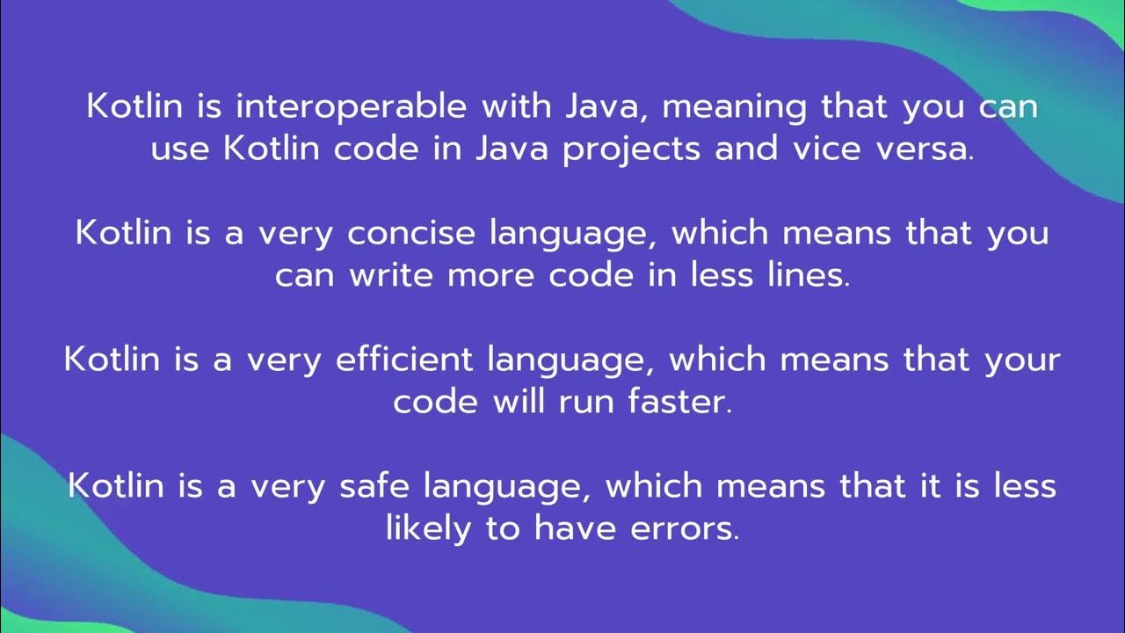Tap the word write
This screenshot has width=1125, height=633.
(x=393, y=276)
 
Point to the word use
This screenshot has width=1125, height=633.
(x=180, y=150)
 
